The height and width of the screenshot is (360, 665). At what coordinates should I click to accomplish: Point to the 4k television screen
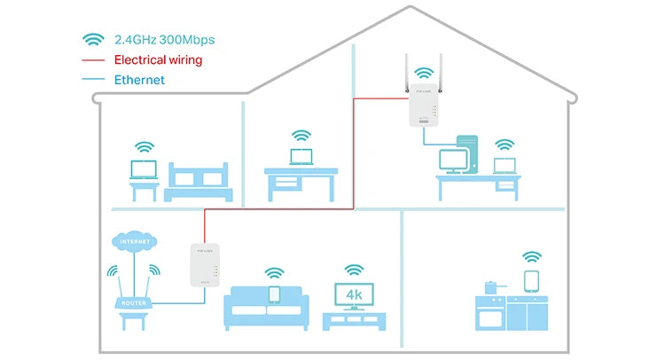pyautogui.click(x=354, y=293)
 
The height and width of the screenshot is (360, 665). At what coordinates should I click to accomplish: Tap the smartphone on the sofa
pyautogui.click(x=274, y=293)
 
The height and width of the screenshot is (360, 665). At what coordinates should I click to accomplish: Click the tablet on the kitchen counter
pyautogui.click(x=532, y=282)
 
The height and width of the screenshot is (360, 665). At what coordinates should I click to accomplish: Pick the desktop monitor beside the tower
pyautogui.click(x=453, y=160)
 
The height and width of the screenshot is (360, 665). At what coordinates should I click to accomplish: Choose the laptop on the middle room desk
pyautogui.click(x=301, y=158)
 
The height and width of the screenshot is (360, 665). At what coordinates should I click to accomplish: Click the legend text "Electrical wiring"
pyautogui.click(x=158, y=60)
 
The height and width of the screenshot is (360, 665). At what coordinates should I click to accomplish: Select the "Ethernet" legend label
pyautogui.click(x=139, y=80)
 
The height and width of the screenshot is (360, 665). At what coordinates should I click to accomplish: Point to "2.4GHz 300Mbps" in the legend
pyautogui.click(x=165, y=40)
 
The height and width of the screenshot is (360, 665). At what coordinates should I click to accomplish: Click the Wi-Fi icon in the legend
pyautogui.click(x=93, y=40)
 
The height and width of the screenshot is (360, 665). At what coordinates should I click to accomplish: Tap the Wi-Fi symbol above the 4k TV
pyautogui.click(x=354, y=269)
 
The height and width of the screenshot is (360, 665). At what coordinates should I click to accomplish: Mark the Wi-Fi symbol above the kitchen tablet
pyautogui.click(x=532, y=257)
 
